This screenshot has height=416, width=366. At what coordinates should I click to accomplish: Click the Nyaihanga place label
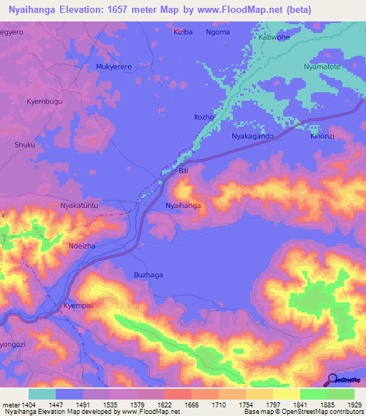pos(183,205)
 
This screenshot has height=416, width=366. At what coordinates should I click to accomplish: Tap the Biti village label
pos(183,171)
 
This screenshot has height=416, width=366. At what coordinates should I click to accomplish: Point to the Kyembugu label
pos(44,102)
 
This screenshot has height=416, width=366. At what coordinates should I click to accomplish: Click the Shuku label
pos(24,144)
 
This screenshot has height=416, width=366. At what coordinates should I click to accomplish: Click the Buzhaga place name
pos(149,274)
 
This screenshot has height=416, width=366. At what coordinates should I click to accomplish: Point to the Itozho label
pos(205,117)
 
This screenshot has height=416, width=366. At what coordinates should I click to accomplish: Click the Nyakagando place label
pos(253,135)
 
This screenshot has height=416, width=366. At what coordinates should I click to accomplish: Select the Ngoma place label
pos(217,32)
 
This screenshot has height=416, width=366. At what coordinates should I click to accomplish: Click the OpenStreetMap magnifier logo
pos(332,379)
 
